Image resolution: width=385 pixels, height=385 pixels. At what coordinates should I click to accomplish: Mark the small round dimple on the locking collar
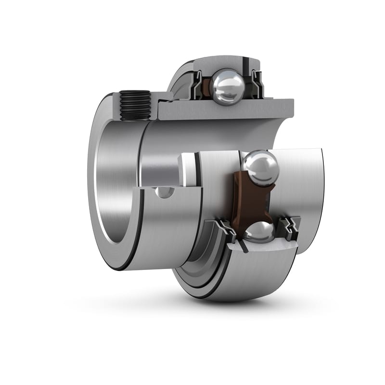tap(164, 192)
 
